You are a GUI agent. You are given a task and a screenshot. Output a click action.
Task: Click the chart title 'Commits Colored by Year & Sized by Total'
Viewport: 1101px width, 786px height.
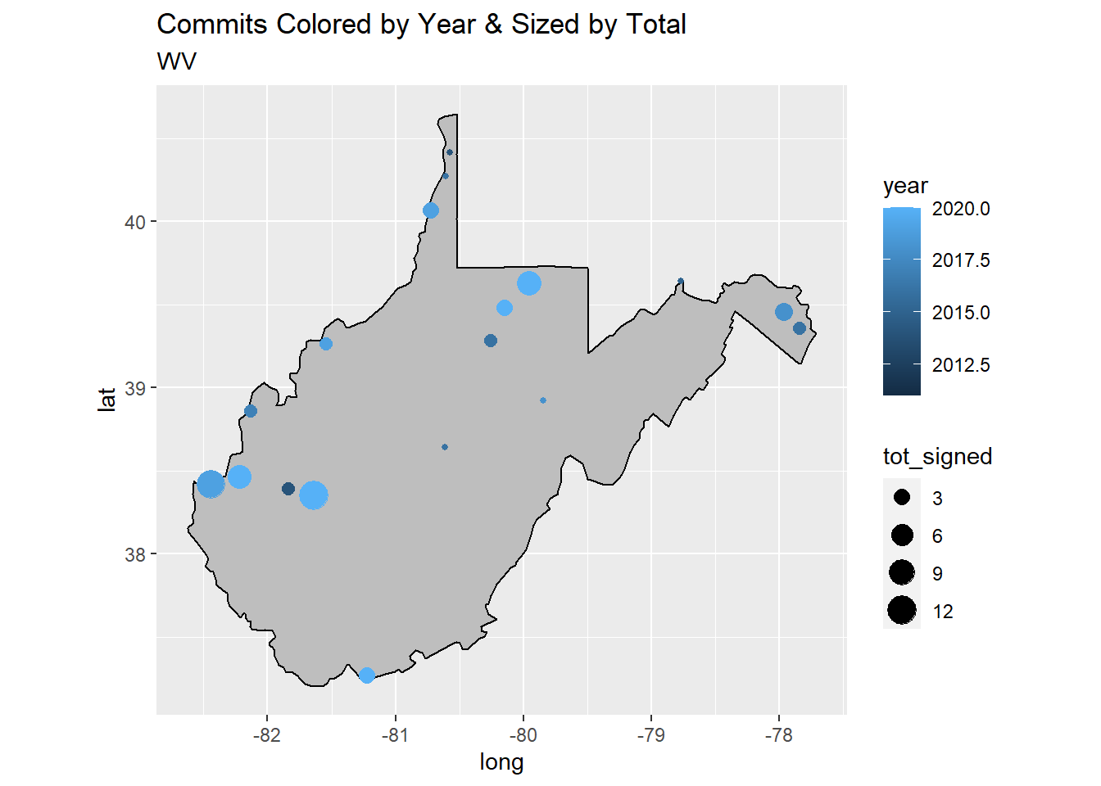click(421, 25)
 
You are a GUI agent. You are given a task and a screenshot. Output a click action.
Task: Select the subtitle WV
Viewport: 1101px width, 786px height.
click(177, 61)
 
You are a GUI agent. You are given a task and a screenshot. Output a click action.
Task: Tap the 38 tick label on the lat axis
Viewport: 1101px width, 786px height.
click(135, 555)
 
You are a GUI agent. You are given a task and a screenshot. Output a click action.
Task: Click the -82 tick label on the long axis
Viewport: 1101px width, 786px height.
click(267, 735)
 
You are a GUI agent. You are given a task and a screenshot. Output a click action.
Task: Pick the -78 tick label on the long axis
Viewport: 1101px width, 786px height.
click(778, 735)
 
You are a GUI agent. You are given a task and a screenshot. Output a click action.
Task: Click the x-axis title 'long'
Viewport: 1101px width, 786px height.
click(501, 762)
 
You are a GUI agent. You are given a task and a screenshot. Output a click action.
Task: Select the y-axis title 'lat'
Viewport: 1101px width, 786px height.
click(107, 399)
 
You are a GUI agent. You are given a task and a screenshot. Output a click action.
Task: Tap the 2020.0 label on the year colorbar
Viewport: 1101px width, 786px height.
click(960, 210)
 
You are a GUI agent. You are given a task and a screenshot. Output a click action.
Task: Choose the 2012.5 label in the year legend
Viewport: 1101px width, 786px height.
click(960, 365)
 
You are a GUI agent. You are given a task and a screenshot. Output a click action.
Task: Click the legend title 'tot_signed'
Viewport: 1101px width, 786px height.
click(937, 457)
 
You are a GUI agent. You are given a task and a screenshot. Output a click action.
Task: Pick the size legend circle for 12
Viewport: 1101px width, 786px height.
click(902, 611)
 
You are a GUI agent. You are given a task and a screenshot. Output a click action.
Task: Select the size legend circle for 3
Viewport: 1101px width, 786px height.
click(902, 498)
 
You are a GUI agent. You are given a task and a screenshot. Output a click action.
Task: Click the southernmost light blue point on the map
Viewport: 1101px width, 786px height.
click(367, 675)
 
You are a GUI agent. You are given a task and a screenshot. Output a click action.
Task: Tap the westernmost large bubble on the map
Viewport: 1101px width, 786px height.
click(211, 485)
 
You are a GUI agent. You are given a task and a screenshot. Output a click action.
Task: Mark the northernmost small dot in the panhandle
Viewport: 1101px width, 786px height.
click(450, 152)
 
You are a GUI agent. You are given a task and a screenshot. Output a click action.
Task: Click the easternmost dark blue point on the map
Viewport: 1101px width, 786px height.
click(800, 328)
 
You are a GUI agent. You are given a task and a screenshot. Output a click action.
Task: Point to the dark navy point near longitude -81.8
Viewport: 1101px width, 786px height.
click(288, 489)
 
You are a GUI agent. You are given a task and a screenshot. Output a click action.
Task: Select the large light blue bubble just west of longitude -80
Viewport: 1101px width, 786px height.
click(529, 283)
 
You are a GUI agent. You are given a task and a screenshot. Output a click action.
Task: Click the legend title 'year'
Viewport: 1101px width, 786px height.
click(905, 187)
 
